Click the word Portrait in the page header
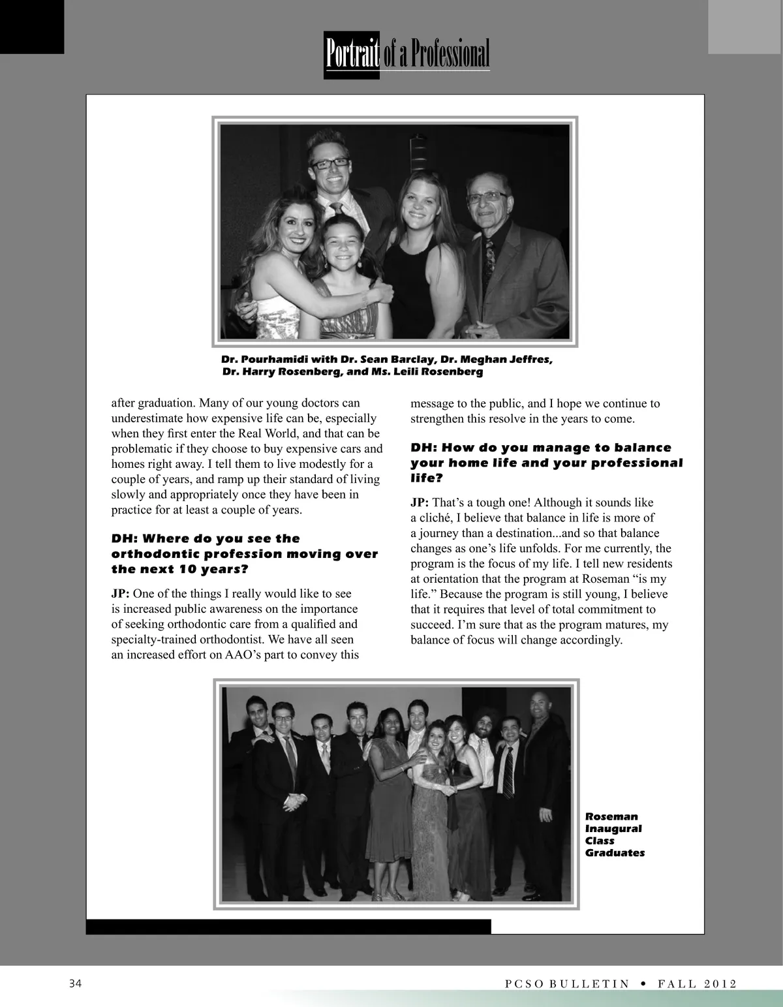[352, 54]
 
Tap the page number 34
[76, 984]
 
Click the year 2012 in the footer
[720, 984]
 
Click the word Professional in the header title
[450, 54]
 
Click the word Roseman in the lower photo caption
[611, 816]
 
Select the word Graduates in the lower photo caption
[615, 853]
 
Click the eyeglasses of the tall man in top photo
[331, 163]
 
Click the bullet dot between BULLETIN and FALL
[643, 984]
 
